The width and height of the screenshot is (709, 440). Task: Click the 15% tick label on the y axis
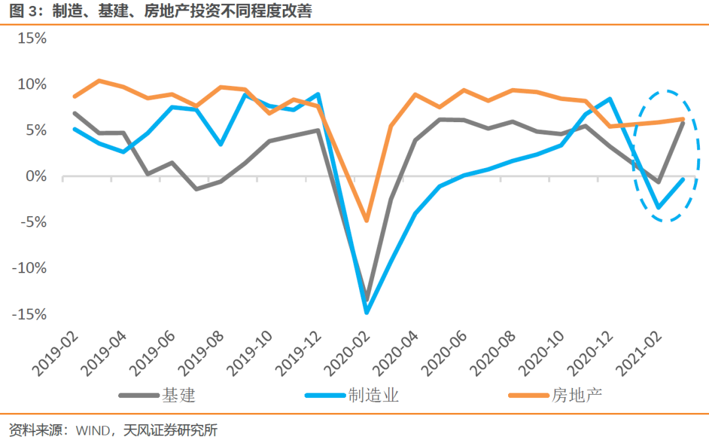[32, 38]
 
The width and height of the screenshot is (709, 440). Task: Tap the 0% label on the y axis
[36, 177]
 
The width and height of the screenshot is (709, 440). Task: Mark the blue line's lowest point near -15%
[367, 312]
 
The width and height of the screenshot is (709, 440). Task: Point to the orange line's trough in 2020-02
[367, 221]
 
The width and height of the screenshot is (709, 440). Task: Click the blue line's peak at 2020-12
[610, 99]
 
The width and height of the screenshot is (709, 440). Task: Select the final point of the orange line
[683, 119]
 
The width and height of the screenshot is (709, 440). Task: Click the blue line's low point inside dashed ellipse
[658, 208]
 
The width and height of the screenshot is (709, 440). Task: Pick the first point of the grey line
[75, 113]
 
